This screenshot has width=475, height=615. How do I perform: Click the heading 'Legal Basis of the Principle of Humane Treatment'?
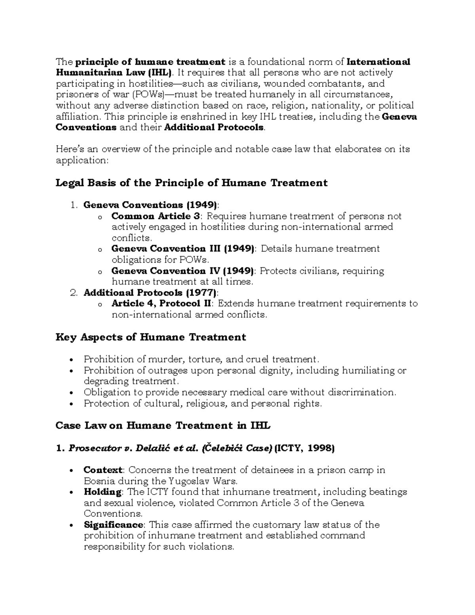pos(192,183)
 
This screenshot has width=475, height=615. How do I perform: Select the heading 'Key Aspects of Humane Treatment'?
pos(151,337)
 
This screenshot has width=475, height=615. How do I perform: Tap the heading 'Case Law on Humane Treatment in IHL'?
pos(163,426)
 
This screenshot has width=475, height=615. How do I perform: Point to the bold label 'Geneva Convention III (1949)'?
pos(182,249)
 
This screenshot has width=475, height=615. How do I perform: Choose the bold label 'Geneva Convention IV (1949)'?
pos(182,271)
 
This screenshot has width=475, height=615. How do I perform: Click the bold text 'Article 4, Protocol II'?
pos(162,304)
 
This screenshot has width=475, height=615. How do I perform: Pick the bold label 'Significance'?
pos(113,525)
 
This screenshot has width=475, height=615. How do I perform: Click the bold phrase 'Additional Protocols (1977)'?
pos(150,293)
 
